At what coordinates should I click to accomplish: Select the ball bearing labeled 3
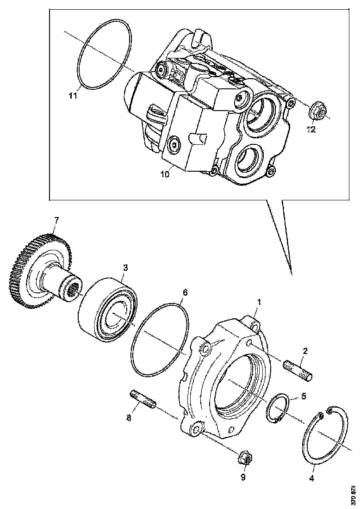pos(106,308)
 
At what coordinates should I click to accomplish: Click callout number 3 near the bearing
pos(124,268)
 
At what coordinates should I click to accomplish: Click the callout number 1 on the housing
pos(260,302)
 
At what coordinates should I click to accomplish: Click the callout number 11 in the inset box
pos(72,96)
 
